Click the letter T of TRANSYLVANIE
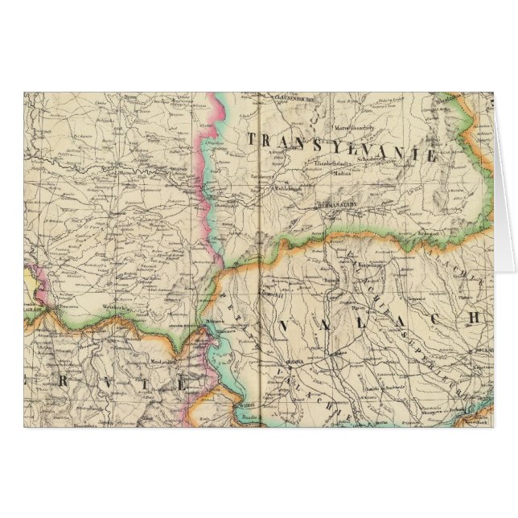coord(253,138)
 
